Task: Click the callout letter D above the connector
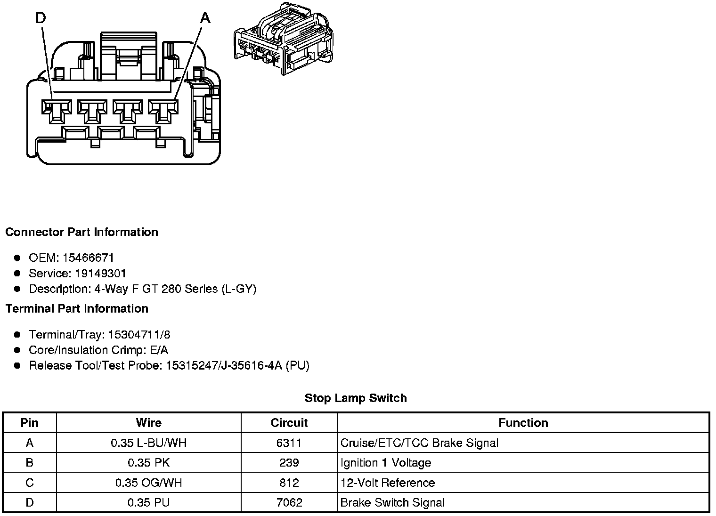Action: point(41,18)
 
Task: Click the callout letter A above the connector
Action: point(205,18)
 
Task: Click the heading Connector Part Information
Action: point(81,232)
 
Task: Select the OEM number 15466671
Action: point(88,258)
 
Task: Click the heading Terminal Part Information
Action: point(77,309)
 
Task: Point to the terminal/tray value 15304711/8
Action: point(139,335)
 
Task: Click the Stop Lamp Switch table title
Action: point(356,398)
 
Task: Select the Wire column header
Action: point(148,423)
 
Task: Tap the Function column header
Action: point(523,423)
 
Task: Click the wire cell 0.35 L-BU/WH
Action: point(148,443)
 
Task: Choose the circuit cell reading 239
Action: point(289,463)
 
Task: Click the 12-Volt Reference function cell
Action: point(388,483)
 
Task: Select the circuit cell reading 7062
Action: point(289,503)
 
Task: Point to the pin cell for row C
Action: point(30,483)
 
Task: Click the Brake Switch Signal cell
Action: point(392,503)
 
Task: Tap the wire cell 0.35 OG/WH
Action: point(148,483)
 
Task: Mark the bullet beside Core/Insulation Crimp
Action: point(17,350)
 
